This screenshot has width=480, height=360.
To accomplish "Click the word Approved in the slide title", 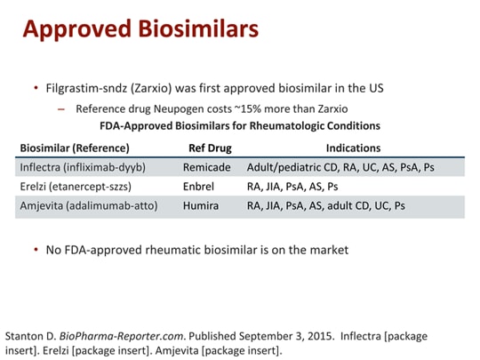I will coord(74,29).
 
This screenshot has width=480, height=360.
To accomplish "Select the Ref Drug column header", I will coord(208,148).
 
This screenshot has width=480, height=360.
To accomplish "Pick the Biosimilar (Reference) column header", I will coord(75,148).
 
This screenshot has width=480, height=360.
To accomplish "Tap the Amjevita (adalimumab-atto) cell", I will coord(88,206).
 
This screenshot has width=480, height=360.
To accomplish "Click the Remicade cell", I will coord(207,167).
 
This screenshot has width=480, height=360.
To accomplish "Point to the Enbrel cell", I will coord(200,187).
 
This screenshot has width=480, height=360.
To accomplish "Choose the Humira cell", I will coord(201,206).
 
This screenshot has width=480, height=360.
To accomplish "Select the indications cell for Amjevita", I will coord(326,206).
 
